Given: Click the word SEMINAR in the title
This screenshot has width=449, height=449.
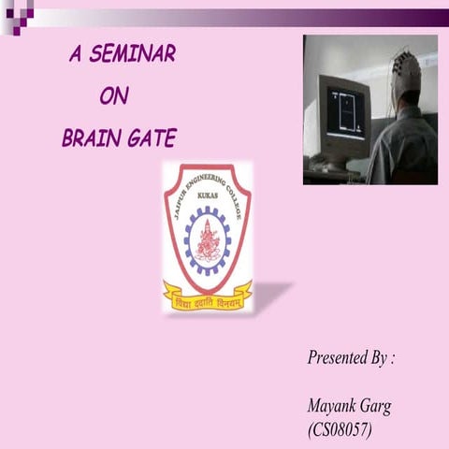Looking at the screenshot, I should (x=133, y=54).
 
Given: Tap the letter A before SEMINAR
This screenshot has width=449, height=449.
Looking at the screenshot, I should (x=75, y=54).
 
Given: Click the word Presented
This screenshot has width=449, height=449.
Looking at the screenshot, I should (x=338, y=358).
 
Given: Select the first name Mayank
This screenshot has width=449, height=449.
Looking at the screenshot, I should (x=331, y=407).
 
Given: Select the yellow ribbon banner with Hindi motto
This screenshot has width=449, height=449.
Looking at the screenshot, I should (x=208, y=297).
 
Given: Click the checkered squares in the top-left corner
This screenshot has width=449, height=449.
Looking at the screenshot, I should (x=17, y=16).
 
